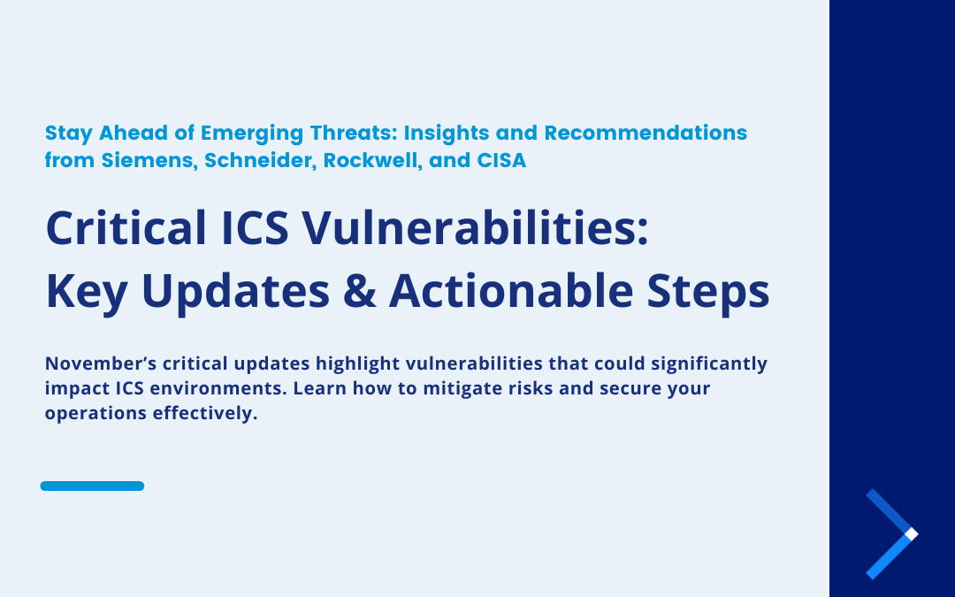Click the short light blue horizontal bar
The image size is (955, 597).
92,486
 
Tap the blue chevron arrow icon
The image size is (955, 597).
891,534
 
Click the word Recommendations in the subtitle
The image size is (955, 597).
646,134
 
